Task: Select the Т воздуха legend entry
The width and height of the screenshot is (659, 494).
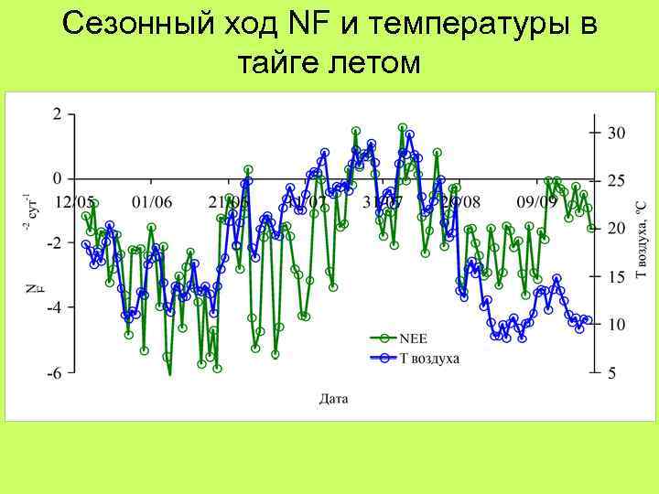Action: [429, 358]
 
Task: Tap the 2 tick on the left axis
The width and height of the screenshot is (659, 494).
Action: [58, 114]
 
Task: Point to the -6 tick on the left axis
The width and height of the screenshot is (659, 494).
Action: [54, 372]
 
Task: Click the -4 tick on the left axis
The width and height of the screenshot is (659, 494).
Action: [54, 307]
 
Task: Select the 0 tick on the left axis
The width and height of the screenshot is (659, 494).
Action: [58, 178]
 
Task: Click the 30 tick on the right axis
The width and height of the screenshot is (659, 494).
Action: [617, 133]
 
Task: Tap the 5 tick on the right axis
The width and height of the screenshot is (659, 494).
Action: [613, 372]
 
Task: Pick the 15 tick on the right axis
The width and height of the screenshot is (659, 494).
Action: [617, 276]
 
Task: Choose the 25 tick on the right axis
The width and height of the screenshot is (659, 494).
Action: [617, 180]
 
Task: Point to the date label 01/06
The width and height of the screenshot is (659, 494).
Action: [152, 201]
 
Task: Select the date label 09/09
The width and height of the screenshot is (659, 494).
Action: [536, 201]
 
